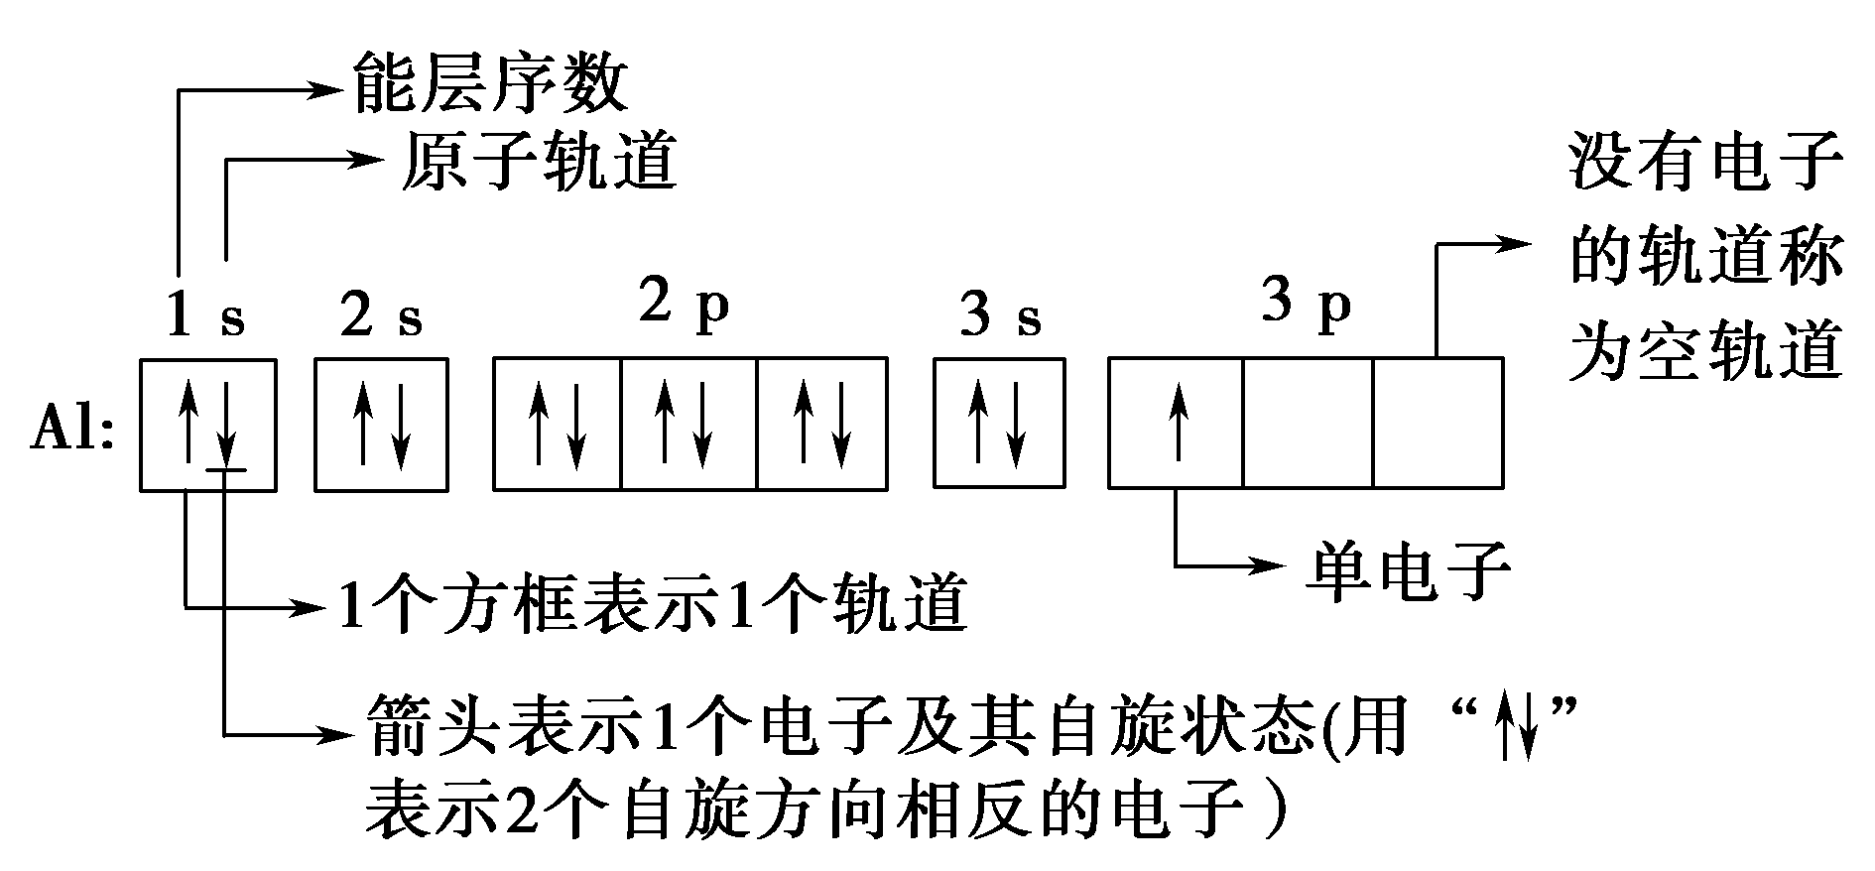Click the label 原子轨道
point(539,161)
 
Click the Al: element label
point(72,433)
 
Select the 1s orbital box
point(207,425)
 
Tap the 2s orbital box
point(381,425)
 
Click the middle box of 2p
point(688,425)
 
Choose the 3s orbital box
point(1000,424)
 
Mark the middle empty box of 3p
point(1308,424)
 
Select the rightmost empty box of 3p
point(1437,424)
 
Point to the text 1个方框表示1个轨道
point(652,604)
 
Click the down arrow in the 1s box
point(227,425)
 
